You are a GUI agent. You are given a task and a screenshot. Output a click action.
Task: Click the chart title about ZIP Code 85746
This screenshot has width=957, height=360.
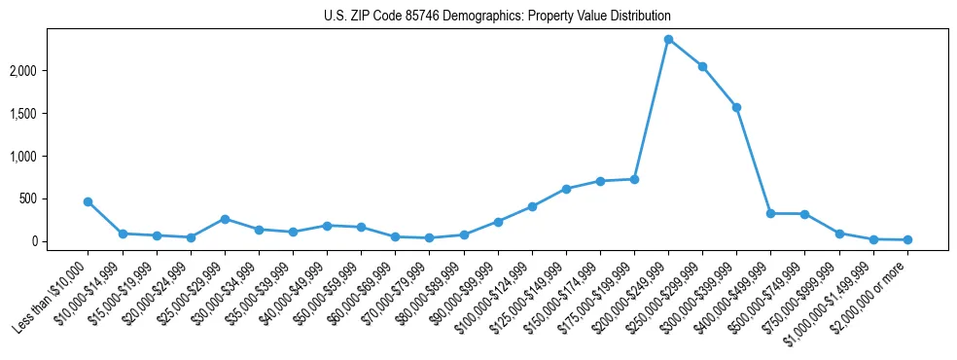[497, 17]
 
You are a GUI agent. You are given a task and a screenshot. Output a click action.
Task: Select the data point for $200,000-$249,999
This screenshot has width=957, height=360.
[668, 39]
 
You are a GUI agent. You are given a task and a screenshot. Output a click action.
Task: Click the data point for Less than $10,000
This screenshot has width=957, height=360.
[88, 201]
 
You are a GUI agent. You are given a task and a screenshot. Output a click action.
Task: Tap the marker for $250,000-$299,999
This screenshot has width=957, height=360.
[702, 66]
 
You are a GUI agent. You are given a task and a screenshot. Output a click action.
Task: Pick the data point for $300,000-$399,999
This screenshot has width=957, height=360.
[736, 107]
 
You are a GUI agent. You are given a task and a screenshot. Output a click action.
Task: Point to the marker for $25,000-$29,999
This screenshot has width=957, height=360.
[225, 219]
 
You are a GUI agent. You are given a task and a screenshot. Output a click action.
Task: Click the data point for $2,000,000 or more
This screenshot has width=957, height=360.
[907, 239]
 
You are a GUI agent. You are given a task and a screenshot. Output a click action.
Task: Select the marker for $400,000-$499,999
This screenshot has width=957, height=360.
[770, 213]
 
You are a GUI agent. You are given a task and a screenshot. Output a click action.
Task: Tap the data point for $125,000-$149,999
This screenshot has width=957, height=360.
[566, 189]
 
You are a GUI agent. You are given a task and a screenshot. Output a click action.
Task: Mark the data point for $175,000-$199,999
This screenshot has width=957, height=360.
[634, 179]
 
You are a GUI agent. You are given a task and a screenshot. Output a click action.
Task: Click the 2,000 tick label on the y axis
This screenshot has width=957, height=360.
[49, 71]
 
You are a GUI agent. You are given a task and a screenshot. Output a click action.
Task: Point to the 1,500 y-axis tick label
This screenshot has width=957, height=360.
[49, 114]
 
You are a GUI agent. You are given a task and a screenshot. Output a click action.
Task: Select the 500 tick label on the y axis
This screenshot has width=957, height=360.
[54, 198]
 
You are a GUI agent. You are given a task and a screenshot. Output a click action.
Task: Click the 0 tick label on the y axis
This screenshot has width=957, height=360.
[60, 241]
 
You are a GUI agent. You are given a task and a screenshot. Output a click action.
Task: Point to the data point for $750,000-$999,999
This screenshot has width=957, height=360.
[839, 234]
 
